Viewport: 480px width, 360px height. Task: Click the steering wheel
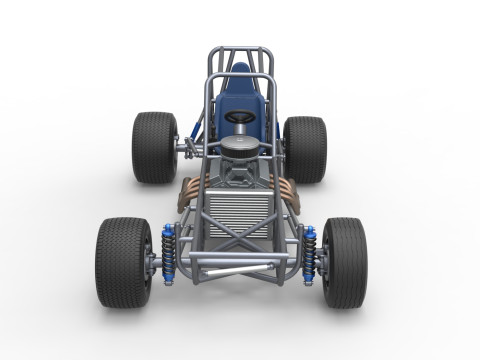point(239,117)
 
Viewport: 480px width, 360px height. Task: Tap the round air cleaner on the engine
point(239,145)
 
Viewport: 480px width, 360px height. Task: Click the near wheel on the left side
point(123,262)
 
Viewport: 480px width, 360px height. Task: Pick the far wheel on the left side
point(154,147)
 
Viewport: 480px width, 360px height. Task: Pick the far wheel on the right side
point(305,148)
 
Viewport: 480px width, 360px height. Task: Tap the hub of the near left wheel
point(150,263)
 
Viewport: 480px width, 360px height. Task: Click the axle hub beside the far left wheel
point(184,149)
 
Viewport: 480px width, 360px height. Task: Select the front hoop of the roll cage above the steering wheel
point(240,77)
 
